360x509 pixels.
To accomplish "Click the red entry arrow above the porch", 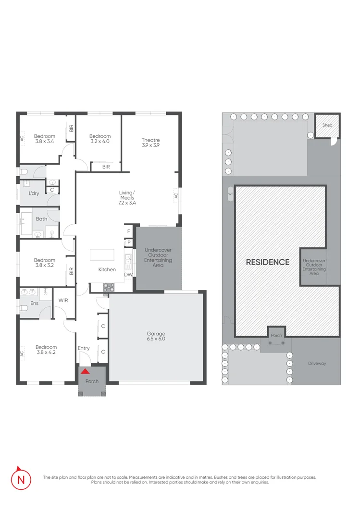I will [85, 371].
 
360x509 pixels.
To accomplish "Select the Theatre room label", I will [150, 142].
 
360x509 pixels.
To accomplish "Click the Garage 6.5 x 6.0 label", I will [156, 336].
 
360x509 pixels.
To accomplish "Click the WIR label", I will [63, 300].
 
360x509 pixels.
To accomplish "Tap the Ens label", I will [34, 303].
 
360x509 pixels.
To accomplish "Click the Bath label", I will [41, 219].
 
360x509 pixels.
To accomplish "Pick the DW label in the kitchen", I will [128, 275].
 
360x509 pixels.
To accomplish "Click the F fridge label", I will [129, 231].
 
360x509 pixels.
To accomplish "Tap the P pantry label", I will [129, 242].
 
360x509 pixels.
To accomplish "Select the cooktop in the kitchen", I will [109, 287].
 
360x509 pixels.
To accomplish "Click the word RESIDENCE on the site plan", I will [268, 262].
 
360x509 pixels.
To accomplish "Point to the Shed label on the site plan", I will [327, 125].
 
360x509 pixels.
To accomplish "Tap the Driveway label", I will [317, 364].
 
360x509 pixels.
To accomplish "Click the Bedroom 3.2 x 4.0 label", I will [100, 139].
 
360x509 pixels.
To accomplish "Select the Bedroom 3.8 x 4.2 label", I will [46, 350].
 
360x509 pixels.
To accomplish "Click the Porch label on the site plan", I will [276, 335].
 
